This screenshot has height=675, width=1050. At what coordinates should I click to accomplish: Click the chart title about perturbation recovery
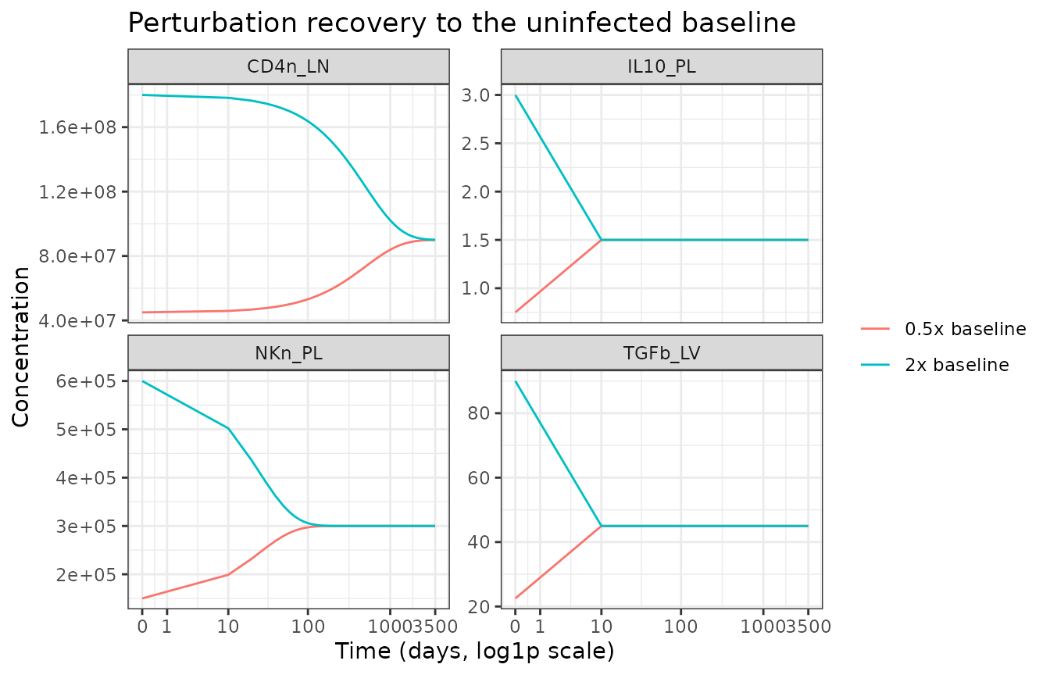(462, 23)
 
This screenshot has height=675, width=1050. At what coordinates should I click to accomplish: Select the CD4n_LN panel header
(288, 66)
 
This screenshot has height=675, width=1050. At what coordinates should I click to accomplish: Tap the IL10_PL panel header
(662, 66)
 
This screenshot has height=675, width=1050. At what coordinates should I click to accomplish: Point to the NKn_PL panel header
(288, 353)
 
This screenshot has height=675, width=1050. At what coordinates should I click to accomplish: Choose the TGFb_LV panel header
(662, 353)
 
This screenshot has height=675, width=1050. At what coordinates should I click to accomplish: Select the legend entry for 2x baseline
(935, 365)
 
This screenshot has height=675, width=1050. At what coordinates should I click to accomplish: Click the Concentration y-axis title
(21, 347)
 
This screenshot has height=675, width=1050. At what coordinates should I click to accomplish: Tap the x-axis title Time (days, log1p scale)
(474, 652)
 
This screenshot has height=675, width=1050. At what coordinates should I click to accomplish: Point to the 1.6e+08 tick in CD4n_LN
(77, 127)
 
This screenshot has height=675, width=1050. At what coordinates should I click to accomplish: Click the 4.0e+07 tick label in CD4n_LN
(77, 321)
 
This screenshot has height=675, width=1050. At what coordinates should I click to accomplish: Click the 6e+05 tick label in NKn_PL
(86, 381)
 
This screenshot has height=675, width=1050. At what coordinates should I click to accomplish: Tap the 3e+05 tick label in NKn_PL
(86, 527)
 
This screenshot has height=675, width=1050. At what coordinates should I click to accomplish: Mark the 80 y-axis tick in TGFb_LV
(479, 413)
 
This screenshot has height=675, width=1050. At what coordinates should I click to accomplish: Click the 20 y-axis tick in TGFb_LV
(479, 607)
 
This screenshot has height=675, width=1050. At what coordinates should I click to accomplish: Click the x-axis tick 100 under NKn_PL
(308, 627)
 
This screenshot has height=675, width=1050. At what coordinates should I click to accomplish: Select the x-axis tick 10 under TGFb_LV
(602, 627)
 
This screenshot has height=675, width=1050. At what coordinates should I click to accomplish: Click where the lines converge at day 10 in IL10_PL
(602, 240)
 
